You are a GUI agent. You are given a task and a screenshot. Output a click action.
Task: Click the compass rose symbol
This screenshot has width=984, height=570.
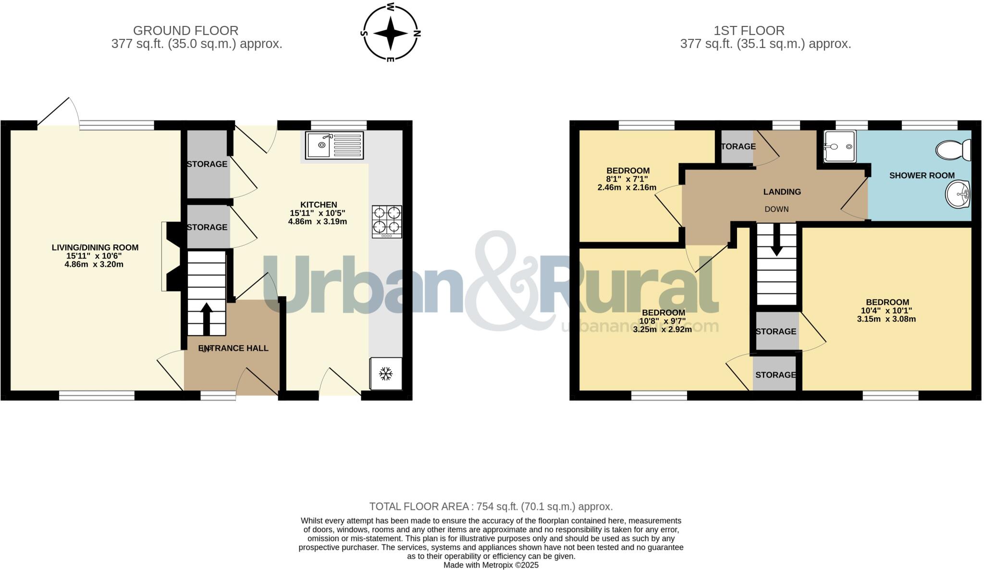391,33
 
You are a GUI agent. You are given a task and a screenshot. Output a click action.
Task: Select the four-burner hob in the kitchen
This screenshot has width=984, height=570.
387,221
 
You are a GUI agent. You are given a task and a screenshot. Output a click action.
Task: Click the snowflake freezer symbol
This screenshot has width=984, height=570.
385,373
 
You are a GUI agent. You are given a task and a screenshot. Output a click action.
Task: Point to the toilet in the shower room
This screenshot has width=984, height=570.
954,150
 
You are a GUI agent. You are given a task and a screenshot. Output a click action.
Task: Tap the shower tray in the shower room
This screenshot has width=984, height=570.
839,146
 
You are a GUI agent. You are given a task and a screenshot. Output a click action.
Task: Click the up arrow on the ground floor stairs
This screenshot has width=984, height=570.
207,317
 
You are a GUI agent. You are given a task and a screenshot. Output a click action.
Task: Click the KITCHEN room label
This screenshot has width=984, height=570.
319,205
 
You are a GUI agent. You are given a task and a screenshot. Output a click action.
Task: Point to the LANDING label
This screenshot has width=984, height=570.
782,192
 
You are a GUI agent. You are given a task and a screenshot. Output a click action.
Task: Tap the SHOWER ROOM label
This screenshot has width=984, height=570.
922,175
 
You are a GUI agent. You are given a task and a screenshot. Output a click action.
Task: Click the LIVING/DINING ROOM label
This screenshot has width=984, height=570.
95,247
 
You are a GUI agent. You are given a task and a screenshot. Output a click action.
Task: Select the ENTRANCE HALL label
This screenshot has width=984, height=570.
234,348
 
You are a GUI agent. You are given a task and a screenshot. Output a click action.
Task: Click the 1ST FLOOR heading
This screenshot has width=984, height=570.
749,31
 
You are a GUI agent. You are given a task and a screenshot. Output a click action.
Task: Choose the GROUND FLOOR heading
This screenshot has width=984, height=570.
185,31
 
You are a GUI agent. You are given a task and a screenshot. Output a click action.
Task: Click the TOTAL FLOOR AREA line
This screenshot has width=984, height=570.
491,506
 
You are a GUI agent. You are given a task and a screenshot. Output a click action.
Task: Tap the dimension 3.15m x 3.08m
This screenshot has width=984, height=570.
886,319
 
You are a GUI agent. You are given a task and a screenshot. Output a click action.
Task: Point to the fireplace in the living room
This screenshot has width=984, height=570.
171,256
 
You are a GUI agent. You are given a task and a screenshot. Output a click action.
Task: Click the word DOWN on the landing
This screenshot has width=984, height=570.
776,209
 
